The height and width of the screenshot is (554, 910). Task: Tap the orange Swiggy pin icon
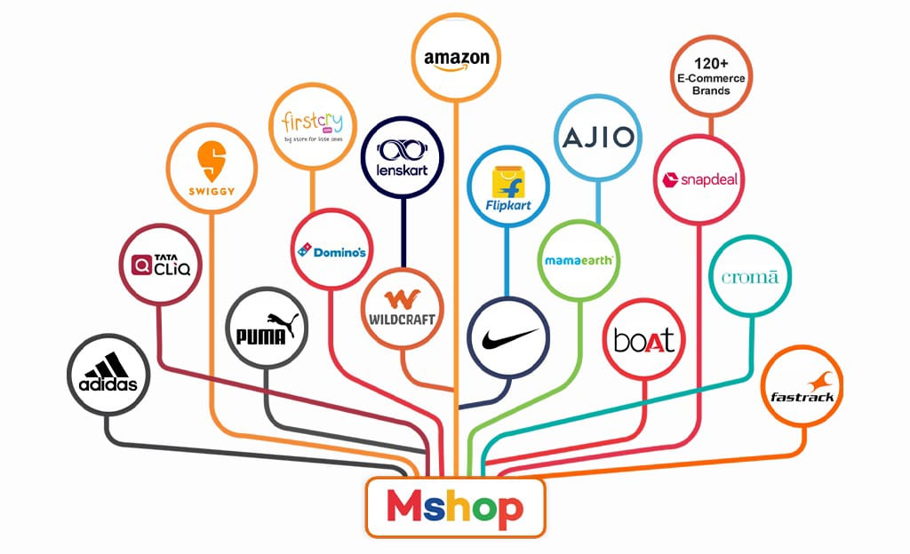(212, 161)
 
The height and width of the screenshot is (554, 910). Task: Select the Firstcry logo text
(312, 122)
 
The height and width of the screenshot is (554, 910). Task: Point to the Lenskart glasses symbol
(403, 151)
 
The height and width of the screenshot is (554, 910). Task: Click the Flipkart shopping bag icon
(508, 183)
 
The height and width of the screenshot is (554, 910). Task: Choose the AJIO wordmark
(598, 138)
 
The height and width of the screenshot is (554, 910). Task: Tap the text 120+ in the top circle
(711, 64)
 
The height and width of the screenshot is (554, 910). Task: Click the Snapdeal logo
(699, 179)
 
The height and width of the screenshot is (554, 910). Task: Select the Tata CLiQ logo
(161, 265)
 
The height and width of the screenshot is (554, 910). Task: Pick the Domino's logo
(331, 251)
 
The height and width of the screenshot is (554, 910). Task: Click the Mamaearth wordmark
(579, 261)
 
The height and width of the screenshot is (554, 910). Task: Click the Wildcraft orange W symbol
(402, 299)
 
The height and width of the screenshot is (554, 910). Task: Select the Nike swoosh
(509, 338)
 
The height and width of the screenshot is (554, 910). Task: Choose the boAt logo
(644, 340)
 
